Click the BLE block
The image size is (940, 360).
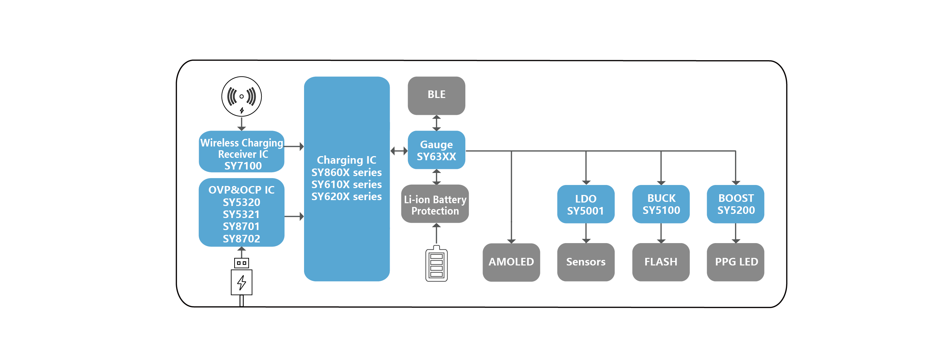[436, 96]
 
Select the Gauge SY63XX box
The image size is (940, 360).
[436, 150]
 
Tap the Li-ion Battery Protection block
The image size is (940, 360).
[435, 204]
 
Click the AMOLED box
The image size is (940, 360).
[511, 262]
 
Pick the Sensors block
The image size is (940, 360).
[586, 262]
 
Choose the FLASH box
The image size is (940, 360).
[661, 262]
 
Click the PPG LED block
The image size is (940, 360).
[735, 262]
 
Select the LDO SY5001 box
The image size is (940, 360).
[586, 204]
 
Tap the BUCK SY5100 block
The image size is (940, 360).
[661, 204]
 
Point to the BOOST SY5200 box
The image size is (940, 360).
[735, 204]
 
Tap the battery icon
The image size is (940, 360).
[436, 264]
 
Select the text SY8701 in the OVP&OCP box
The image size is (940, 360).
[241, 227]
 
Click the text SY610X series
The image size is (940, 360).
[346, 184]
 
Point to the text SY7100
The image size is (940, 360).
[243, 166]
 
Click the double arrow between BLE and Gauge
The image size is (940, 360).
[436, 123]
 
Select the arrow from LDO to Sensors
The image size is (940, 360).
[586, 233]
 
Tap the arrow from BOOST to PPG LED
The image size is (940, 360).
[736, 233]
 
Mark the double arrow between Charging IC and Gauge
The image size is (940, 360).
[399, 150]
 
